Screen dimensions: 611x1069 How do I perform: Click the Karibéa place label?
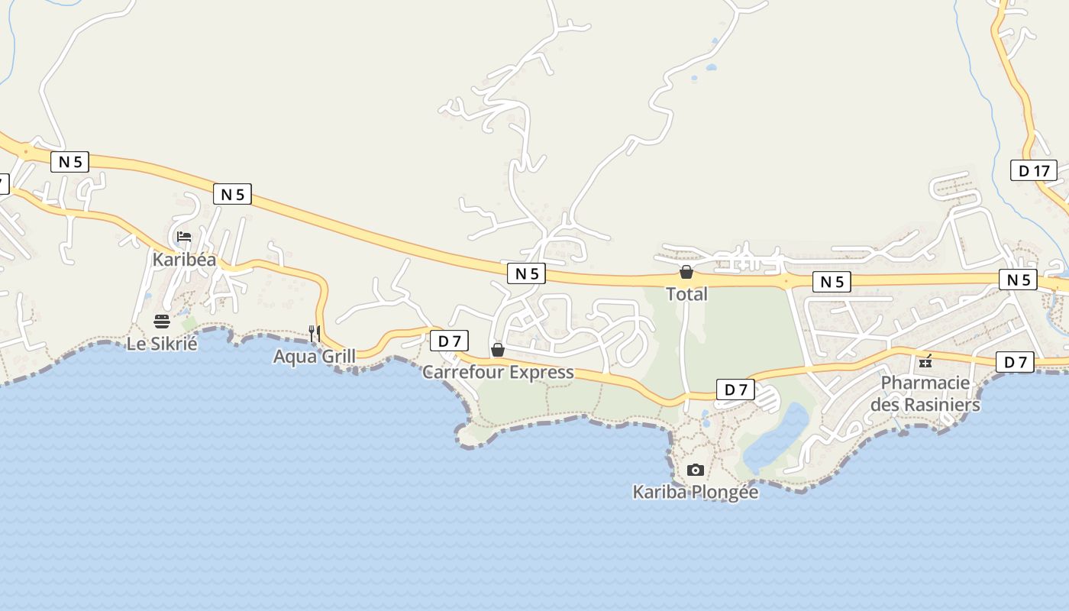pos(184,260)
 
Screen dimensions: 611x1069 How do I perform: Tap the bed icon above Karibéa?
pos(184,237)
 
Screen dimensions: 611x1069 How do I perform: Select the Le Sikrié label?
pos(162,344)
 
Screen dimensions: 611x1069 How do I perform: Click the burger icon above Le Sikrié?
pos(162,322)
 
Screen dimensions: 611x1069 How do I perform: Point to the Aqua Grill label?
pos(315,356)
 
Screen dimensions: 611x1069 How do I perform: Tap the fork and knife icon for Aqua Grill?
pos(315,333)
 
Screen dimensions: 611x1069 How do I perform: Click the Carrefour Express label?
pos(498,372)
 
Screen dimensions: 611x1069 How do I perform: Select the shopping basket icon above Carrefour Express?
pos(498,350)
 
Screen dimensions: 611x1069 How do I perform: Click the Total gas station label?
pos(686,294)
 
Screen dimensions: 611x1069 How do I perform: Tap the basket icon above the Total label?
pos(686,272)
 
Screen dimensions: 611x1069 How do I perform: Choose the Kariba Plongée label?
pos(695,492)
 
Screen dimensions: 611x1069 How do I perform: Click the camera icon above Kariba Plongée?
pos(695,470)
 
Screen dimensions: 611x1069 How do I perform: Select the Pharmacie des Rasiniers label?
pos(925,393)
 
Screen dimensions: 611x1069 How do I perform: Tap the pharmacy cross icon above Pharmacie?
pos(925,362)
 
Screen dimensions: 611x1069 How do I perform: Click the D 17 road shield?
pos(1034,170)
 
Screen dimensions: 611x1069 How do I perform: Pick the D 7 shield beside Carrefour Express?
pos(449,341)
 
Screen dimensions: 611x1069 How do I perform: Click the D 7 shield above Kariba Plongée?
pos(735,390)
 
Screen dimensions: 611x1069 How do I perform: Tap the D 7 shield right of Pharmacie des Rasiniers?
pos(1015,362)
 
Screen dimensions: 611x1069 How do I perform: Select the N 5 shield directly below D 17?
pos(1019,280)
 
